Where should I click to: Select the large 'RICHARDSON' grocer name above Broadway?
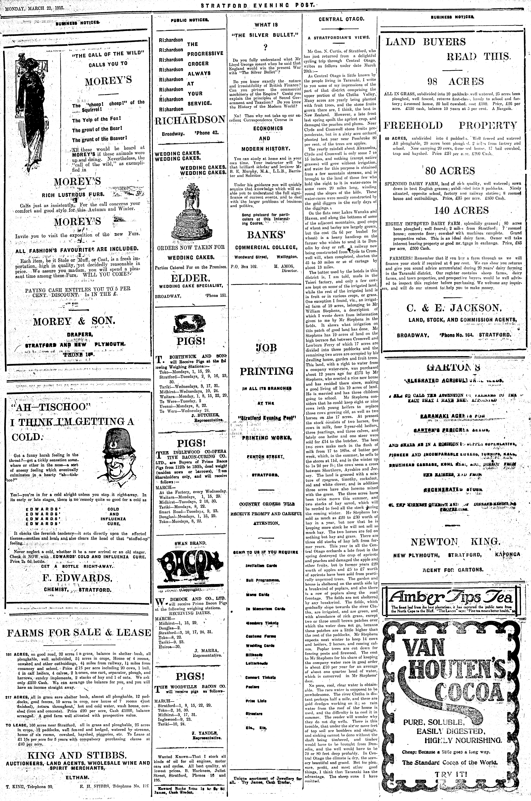[x=190, y=120]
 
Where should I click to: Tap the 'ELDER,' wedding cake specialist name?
[x=190, y=278]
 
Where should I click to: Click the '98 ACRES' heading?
[x=456, y=81]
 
